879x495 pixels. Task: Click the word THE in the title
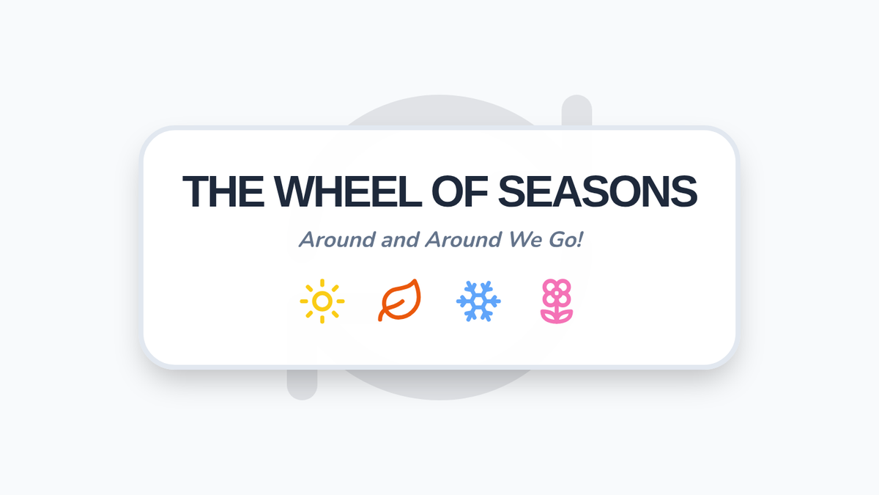(x=223, y=191)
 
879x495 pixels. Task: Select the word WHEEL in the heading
(x=348, y=191)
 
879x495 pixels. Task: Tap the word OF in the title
(x=459, y=191)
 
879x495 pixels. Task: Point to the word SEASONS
(x=597, y=191)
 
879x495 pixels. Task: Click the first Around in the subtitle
(x=337, y=240)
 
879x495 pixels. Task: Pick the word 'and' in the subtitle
(x=400, y=240)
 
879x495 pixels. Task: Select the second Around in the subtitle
(x=464, y=240)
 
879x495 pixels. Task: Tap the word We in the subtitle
(x=520, y=240)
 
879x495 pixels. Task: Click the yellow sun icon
(x=322, y=301)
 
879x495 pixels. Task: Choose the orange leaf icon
(x=399, y=300)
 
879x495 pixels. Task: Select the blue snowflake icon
(x=478, y=301)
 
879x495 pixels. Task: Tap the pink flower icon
(x=557, y=301)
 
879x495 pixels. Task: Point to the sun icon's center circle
(x=322, y=301)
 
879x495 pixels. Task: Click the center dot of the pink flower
(x=557, y=293)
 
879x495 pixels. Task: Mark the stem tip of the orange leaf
(x=380, y=320)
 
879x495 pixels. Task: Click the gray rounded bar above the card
(x=576, y=111)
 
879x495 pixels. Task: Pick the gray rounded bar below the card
(x=302, y=384)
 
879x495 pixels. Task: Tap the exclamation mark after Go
(x=579, y=240)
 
